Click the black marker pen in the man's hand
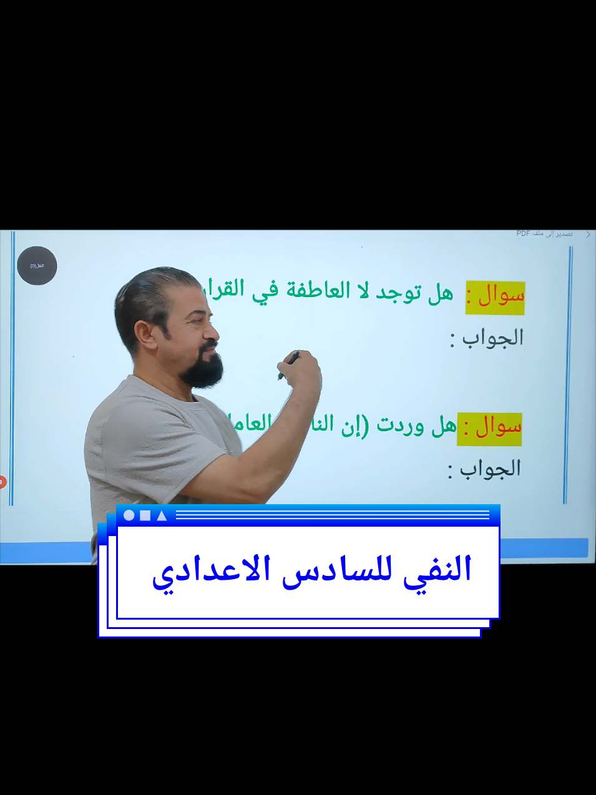288,365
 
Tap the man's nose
212,330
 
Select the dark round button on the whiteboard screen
37,266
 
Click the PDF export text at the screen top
544,234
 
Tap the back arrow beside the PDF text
588,235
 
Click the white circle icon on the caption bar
129,515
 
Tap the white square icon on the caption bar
145,515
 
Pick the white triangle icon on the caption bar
162,515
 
